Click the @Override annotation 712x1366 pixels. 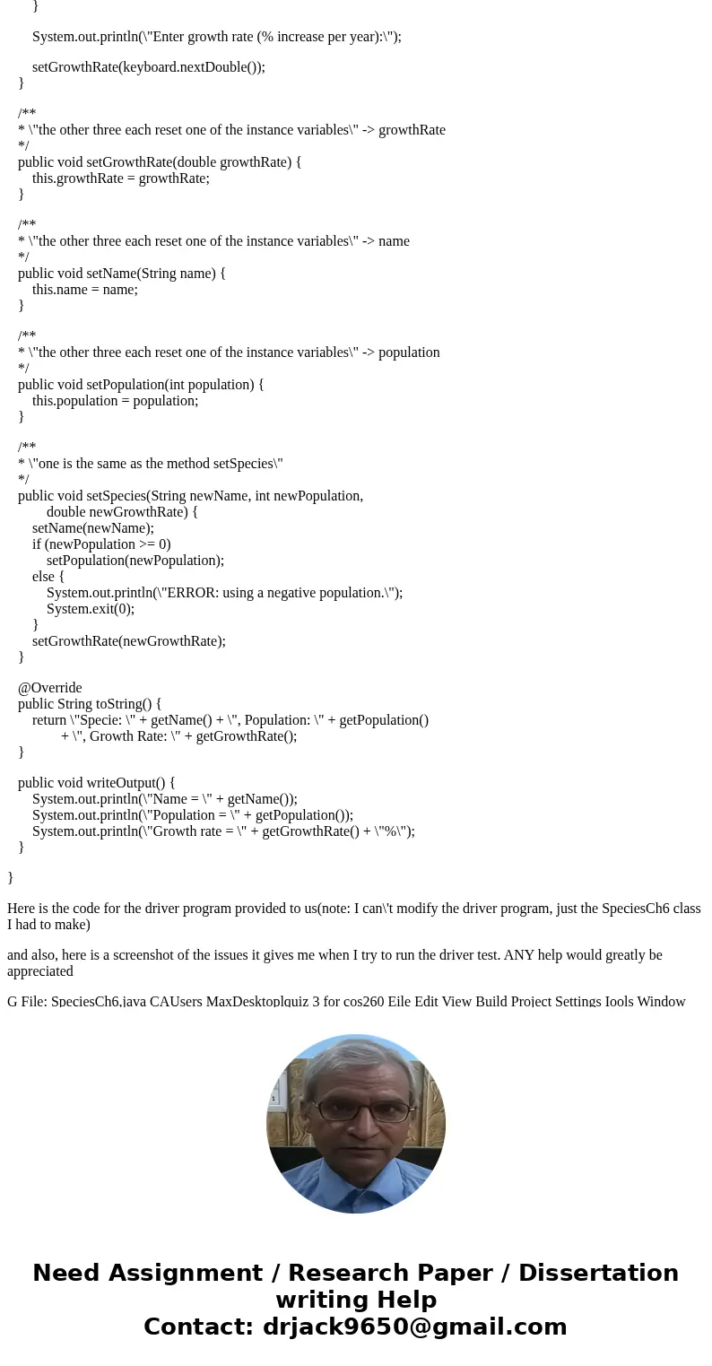click(50, 688)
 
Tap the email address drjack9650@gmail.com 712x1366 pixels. click(414, 1327)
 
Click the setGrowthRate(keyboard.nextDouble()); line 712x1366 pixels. click(149, 66)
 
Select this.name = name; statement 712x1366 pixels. click(85, 289)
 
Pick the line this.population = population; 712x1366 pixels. click(115, 400)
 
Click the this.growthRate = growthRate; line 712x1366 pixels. click(121, 178)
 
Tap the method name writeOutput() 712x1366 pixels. click(125, 782)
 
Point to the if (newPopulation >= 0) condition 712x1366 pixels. click(101, 544)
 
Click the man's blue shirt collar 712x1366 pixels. click(356, 1166)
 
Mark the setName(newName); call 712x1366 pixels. click(93, 527)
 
